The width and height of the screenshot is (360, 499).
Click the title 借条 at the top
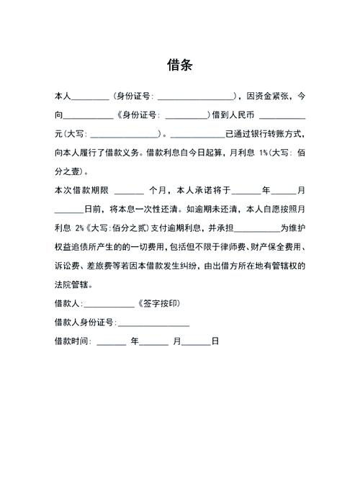pyautogui.click(x=180, y=64)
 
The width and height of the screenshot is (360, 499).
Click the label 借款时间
pyautogui.click(x=71, y=341)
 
